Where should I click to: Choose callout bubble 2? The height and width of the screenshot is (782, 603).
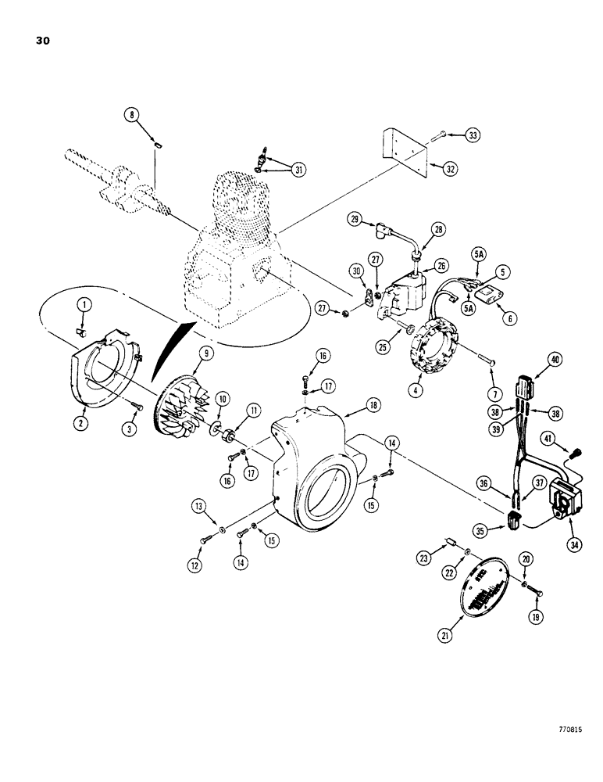(x=80, y=421)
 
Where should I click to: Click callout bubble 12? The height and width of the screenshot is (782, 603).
(x=195, y=565)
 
